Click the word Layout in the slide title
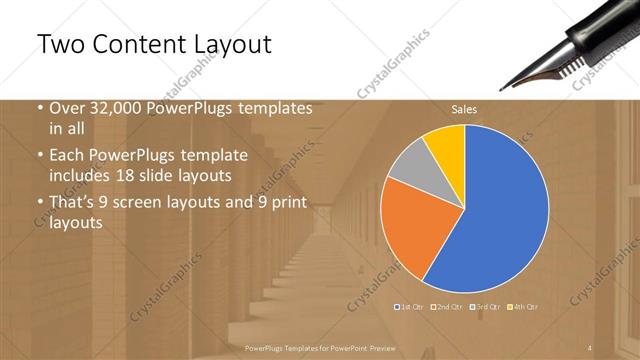231,45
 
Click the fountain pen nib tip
523,88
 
